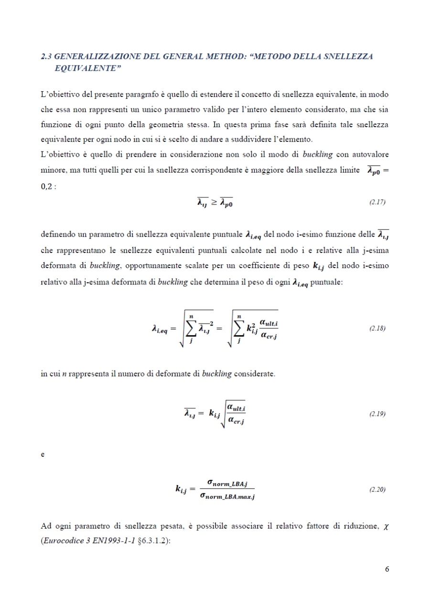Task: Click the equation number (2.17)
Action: (377, 202)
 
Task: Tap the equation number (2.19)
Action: (377, 414)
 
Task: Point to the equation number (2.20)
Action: (377, 490)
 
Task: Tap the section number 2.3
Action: (46, 56)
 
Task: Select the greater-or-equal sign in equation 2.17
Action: (214, 202)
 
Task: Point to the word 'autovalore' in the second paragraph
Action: (369, 155)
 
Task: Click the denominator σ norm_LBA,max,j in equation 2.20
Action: (227, 497)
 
